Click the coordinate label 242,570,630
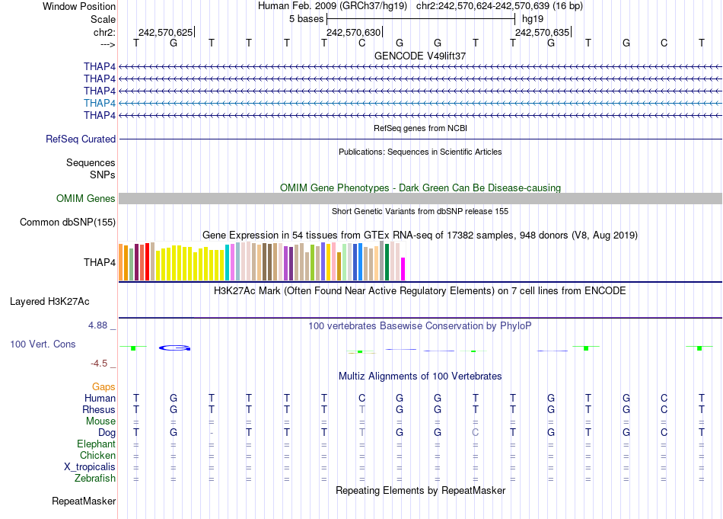point(352,32)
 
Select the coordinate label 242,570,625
point(165,32)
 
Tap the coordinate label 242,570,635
point(541,32)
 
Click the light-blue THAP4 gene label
point(100,103)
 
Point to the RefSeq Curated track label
point(81,139)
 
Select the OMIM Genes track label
point(86,199)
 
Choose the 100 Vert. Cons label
point(43,344)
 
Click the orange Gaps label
point(104,387)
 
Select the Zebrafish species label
point(95,479)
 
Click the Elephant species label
point(96,444)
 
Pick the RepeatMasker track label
point(84,501)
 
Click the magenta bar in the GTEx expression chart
point(403,269)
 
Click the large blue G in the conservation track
point(174,348)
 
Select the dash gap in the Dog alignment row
point(212,433)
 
